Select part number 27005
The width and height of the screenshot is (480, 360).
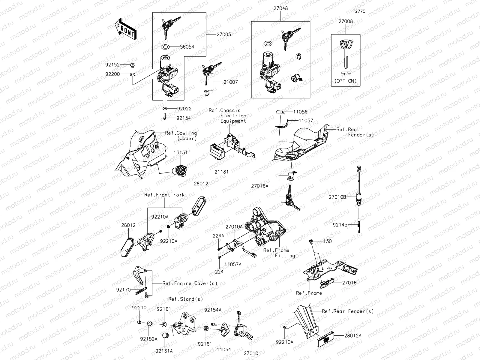pyautogui.click(x=224, y=34)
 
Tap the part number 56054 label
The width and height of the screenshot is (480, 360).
pyautogui.click(x=187, y=47)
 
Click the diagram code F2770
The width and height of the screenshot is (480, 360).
pyautogui.click(x=359, y=11)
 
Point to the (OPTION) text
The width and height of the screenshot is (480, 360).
pyautogui.click(x=346, y=81)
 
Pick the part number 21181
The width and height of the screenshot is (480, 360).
pyautogui.click(x=221, y=172)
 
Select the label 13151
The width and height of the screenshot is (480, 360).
pyautogui.click(x=181, y=152)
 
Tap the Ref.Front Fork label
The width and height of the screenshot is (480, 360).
pyautogui.click(x=164, y=195)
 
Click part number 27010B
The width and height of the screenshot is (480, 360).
pyautogui.click(x=337, y=197)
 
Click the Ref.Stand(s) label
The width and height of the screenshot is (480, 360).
pyautogui.click(x=185, y=299)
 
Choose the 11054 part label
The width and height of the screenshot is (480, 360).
pyautogui.click(x=224, y=349)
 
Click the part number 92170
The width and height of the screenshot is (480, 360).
pyautogui.click(x=124, y=290)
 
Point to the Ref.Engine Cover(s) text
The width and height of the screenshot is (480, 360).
pyautogui.click(x=190, y=283)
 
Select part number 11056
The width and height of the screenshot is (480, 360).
pyautogui.click(x=300, y=112)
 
